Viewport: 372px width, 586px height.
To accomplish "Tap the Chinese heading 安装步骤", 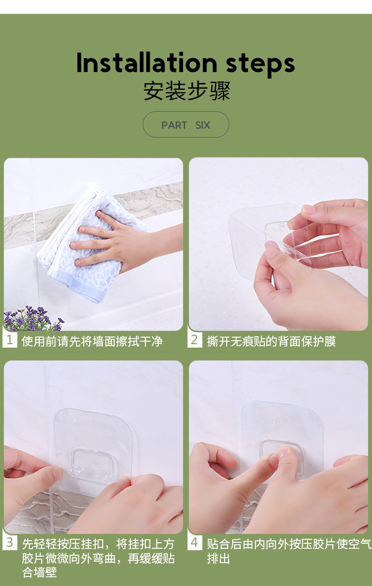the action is click(186, 91).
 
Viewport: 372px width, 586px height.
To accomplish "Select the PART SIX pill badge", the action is click(186, 125).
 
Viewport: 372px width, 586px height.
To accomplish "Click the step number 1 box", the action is click(10, 340).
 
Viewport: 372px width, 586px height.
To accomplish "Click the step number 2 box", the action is click(194, 340).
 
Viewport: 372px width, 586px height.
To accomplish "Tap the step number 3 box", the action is click(10, 543).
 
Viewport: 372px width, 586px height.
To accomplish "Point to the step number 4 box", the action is click(194, 543).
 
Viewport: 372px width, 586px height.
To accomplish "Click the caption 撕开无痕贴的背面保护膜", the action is click(272, 341).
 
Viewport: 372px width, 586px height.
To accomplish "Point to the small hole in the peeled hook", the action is click(281, 226).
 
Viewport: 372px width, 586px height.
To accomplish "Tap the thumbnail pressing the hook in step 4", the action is click(282, 453).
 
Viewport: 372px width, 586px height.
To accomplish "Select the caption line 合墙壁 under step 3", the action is click(39, 572).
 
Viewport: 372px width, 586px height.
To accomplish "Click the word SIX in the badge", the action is click(203, 125).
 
